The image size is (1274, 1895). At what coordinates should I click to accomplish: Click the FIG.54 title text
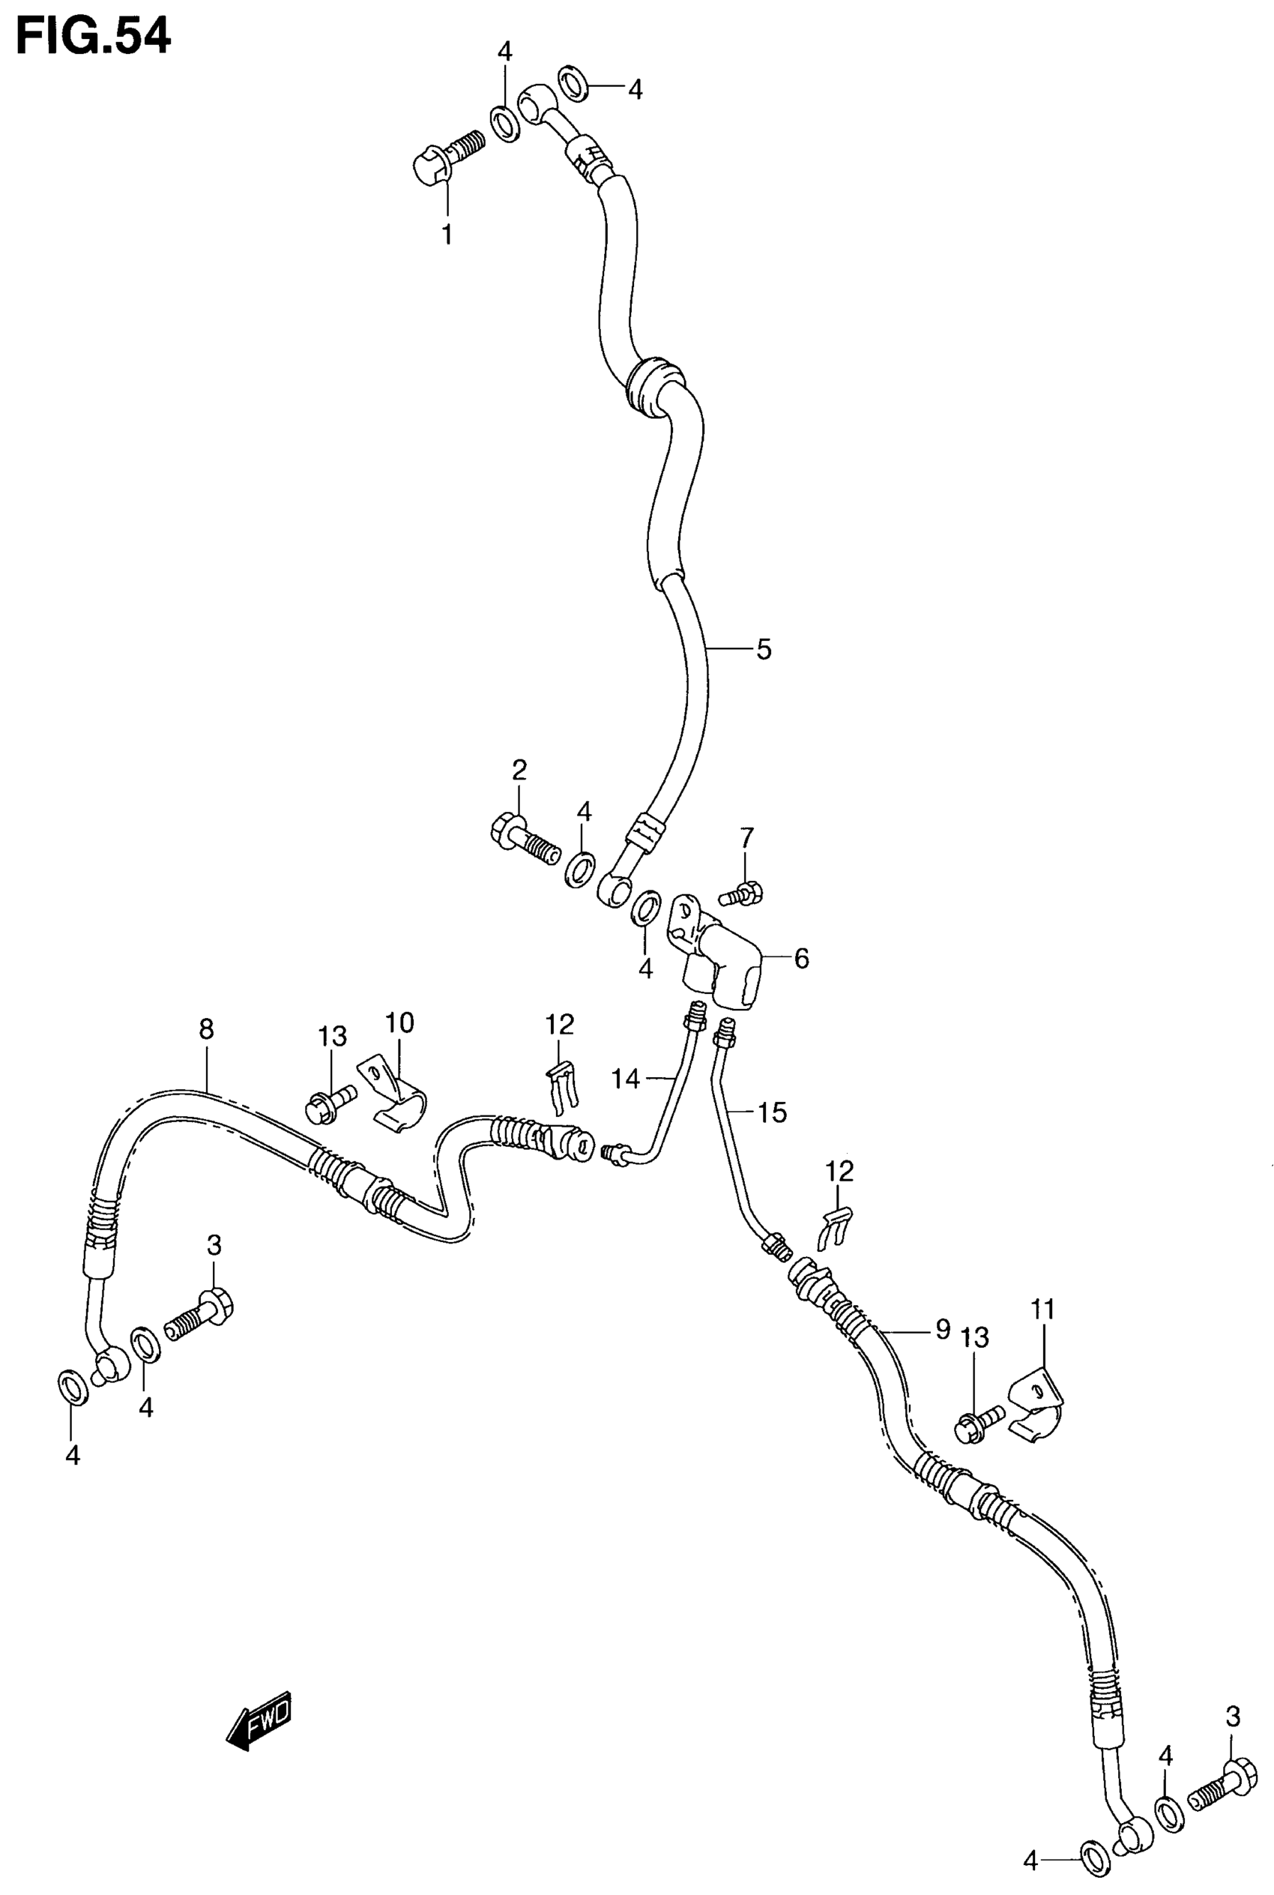(x=94, y=37)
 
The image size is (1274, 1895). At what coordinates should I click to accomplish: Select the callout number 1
(x=447, y=234)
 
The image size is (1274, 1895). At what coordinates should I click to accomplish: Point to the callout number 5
(x=764, y=649)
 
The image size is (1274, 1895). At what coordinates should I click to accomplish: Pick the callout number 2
(x=519, y=769)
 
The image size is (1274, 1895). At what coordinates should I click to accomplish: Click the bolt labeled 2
(x=524, y=840)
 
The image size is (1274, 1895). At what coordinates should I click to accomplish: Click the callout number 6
(x=802, y=959)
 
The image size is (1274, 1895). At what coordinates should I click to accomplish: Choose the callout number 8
(x=206, y=1029)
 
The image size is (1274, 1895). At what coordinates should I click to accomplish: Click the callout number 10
(x=399, y=1022)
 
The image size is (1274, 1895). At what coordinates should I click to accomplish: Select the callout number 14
(x=626, y=1079)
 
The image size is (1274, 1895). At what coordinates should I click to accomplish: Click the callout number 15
(x=773, y=1112)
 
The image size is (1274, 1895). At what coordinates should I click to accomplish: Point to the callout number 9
(x=942, y=1330)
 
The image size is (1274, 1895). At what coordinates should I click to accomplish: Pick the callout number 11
(x=1043, y=1309)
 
